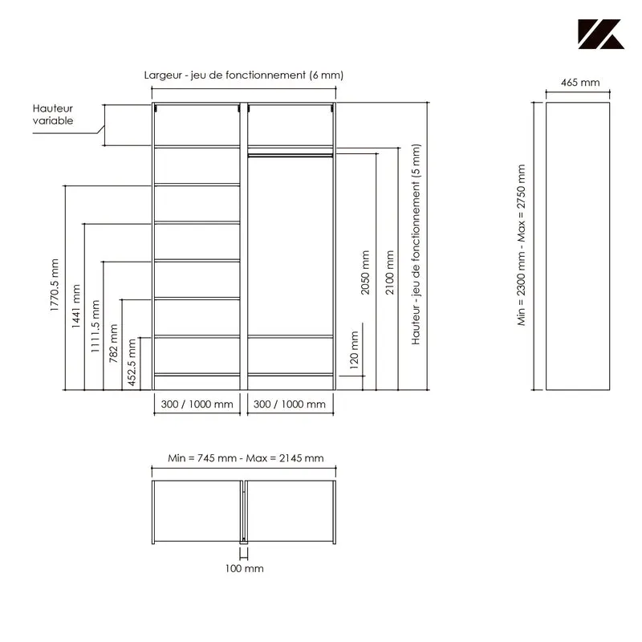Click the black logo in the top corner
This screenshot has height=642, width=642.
(601, 34)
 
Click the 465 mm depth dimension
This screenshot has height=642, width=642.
(580, 83)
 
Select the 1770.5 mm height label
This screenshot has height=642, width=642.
(54, 285)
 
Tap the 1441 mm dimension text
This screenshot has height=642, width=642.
(75, 306)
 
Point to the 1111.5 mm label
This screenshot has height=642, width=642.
(95, 327)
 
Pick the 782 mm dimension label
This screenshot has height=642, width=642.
(113, 343)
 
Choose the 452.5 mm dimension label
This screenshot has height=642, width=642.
(132, 363)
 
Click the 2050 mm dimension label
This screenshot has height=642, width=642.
(365, 273)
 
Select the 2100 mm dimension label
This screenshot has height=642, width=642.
(390, 273)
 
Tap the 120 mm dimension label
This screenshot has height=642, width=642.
(354, 350)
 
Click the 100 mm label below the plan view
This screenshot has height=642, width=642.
(245, 568)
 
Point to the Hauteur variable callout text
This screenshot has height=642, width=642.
(53, 114)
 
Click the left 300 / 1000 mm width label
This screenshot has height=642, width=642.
(197, 404)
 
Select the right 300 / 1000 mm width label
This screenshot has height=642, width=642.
(290, 404)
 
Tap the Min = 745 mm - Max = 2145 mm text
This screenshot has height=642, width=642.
(246, 458)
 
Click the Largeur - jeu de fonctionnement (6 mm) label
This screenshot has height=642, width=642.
(244, 75)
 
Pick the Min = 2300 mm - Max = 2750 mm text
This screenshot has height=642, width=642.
(521, 246)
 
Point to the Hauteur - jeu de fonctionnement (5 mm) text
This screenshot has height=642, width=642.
(416, 245)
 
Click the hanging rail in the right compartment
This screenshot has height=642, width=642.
(291, 155)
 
